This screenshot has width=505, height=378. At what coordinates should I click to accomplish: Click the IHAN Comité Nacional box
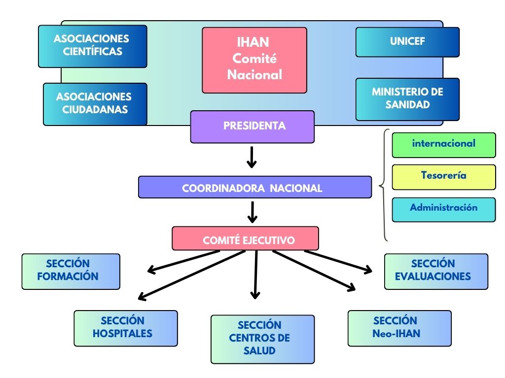point(254,60)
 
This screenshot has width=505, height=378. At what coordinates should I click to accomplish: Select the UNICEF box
point(407,42)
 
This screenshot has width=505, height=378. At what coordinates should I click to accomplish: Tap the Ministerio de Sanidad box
point(407,99)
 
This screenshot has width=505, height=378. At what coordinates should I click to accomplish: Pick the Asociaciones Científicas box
point(93,46)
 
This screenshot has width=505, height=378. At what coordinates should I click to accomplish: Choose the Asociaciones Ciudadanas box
point(95,103)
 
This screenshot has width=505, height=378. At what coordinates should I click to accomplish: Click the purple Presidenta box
point(252,126)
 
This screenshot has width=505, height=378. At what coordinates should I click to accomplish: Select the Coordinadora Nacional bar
point(254,188)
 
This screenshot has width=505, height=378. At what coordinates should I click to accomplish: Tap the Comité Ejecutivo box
point(245,239)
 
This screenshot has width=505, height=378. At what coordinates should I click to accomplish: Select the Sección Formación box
point(71,271)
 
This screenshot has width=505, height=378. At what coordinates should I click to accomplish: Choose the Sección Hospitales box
point(125,328)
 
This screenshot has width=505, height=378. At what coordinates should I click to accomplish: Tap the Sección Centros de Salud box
point(262,339)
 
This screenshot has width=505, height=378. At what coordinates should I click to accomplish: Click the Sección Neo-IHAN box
point(399,328)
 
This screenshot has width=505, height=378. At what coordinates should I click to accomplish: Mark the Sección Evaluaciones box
point(436,271)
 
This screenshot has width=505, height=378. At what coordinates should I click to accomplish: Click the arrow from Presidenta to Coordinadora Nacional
point(252,157)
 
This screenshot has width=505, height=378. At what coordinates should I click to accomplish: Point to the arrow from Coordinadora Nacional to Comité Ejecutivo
point(252,212)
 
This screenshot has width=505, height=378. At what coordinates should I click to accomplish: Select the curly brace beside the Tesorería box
point(384,186)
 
